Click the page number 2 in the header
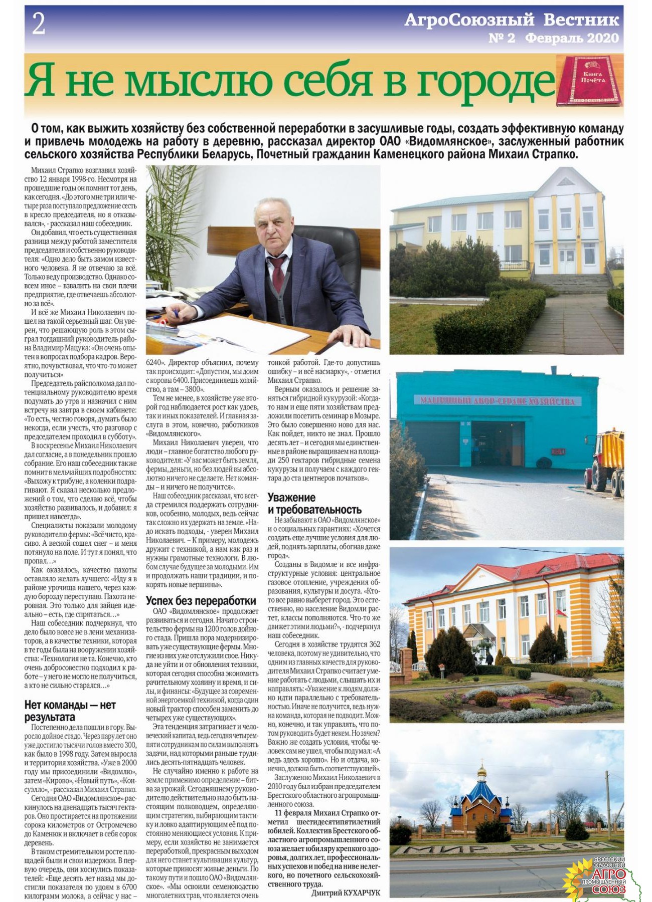[39, 24]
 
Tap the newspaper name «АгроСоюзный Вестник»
[512, 20]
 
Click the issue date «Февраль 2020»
[572, 38]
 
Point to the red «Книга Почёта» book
[590, 80]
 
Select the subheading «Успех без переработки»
[201, 600]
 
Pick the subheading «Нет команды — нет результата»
[70, 711]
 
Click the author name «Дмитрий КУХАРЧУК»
[346, 892]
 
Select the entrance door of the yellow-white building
[567, 260]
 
